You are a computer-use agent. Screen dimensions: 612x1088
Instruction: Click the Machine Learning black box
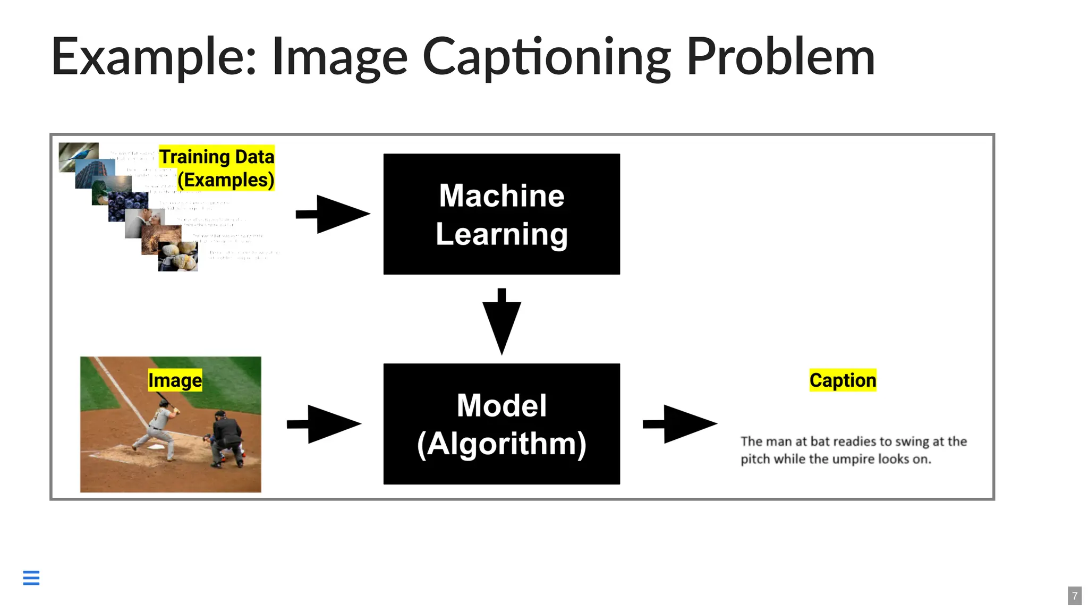point(501,214)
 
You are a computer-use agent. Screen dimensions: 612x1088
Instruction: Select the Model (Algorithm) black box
point(501,424)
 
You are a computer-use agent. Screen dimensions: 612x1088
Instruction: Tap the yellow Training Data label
point(217,157)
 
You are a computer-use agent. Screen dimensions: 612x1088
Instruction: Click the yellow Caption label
point(843,380)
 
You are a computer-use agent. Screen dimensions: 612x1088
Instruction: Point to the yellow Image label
point(175,380)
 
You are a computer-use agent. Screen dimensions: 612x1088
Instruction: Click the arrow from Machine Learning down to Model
point(501,321)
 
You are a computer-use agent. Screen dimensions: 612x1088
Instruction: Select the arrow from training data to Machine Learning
point(333,214)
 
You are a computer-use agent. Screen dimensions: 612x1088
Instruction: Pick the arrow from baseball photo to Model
point(324,424)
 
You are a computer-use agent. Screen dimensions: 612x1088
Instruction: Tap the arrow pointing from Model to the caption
point(679,424)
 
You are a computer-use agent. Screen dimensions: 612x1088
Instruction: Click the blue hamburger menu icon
point(31,577)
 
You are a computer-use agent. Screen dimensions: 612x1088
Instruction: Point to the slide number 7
point(1075,596)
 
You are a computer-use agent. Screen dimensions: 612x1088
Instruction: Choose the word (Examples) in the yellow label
point(226,180)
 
